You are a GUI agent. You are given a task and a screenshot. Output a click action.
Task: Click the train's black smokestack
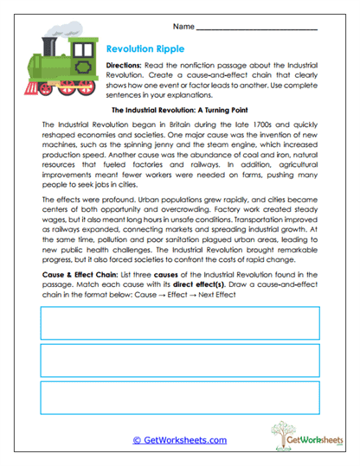click(x=47, y=44)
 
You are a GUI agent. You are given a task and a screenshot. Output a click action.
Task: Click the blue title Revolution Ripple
click(x=145, y=49)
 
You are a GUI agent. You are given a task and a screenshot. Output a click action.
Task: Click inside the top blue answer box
click(x=179, y=322)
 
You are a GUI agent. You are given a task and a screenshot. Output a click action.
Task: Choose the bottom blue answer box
click(x=179, y=397)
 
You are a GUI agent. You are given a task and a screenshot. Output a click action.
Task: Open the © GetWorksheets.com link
click(x=179, y=440)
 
